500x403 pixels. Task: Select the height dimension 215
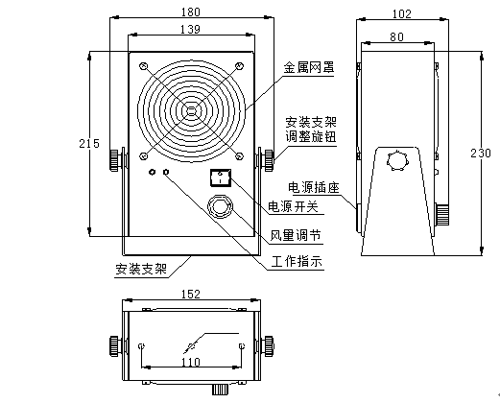89,143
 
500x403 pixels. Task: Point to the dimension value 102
401,13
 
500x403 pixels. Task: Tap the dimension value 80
395,37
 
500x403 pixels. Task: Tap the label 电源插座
310,186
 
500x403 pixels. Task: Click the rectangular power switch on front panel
222,177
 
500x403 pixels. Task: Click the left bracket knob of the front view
116,156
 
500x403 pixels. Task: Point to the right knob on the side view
444,212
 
